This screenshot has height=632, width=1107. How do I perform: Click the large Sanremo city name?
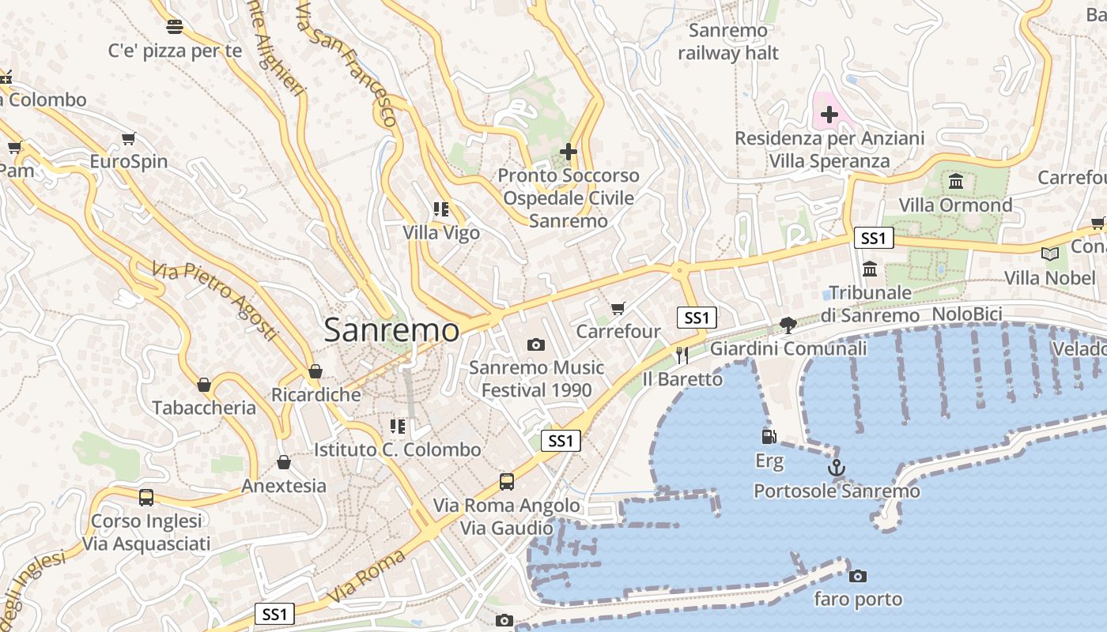coord(391,330)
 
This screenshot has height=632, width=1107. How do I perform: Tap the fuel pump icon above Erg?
coord(769,436)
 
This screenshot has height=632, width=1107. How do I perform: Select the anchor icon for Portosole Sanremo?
coord(837,468)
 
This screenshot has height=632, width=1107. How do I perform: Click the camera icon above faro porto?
coord(858,576)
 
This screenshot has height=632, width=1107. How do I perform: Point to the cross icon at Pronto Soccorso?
coord(568,151)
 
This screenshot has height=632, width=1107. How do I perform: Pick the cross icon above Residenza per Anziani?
coord(829,115)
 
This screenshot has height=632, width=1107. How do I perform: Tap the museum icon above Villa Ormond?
coord(955,182)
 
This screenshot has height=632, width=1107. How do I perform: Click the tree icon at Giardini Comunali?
coord(788,325)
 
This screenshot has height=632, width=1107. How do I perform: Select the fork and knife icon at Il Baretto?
coord(682,355)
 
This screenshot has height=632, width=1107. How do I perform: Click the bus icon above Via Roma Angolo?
coord(507,481)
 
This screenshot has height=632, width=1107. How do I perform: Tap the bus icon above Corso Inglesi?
coord(146,498)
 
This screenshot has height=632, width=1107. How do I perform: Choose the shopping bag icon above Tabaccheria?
coord(204,385)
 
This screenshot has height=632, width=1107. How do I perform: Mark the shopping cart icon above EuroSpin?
coord(128,138)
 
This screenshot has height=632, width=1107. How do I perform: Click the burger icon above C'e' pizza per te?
coord(175,27)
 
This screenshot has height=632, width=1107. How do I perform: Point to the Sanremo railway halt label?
coord(727,42)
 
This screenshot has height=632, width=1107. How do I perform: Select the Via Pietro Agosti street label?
coord(215,301)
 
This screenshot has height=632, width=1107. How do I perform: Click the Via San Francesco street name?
coord(346,63)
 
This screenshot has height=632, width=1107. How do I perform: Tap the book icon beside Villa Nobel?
coord(1049,254)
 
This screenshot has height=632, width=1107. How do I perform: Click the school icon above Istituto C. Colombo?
coord(398,427)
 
